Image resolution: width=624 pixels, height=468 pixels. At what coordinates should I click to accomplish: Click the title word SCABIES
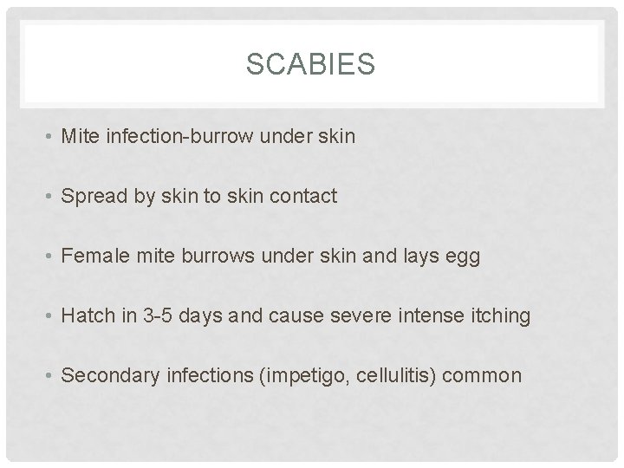click(311, 64)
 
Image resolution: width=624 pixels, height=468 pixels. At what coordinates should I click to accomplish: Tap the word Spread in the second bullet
click(94, 196)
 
